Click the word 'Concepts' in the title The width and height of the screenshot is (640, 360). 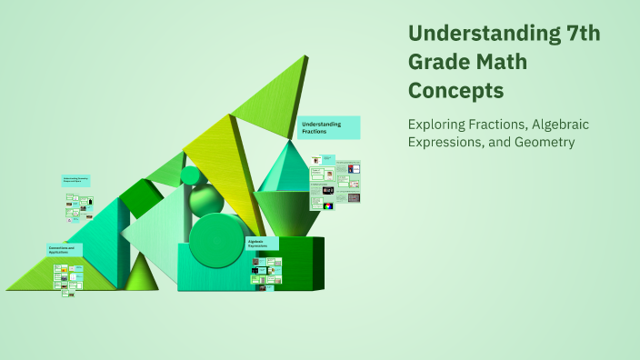[x=455, y=91]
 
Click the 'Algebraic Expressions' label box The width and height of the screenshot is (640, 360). [x=263, y=244]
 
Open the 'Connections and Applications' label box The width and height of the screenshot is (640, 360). [x=65, y=249]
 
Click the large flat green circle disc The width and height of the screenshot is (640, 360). [x=216, y=239]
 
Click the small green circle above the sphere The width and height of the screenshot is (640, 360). [x=191, y=175]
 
